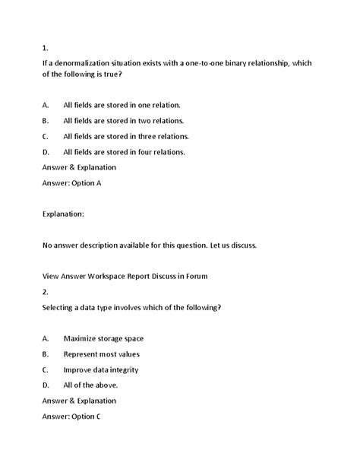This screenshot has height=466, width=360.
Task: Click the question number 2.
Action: pyautogui.click(x=45, y=291)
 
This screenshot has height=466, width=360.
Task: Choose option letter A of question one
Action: pyautogui.click(x=46, y=104)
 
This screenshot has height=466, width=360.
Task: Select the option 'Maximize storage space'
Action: pyautogui.click(x=103, y=338)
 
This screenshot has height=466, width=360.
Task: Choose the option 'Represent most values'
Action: pyautogui.click(x=101, y=353)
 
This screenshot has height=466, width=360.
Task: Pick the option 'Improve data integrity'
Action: pyautogui.click(x=102, y=369)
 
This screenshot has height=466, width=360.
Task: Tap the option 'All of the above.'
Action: pyautogui.click(x=90, y=385)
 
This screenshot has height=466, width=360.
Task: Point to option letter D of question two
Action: pyautogui.click(x=46, y=385)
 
